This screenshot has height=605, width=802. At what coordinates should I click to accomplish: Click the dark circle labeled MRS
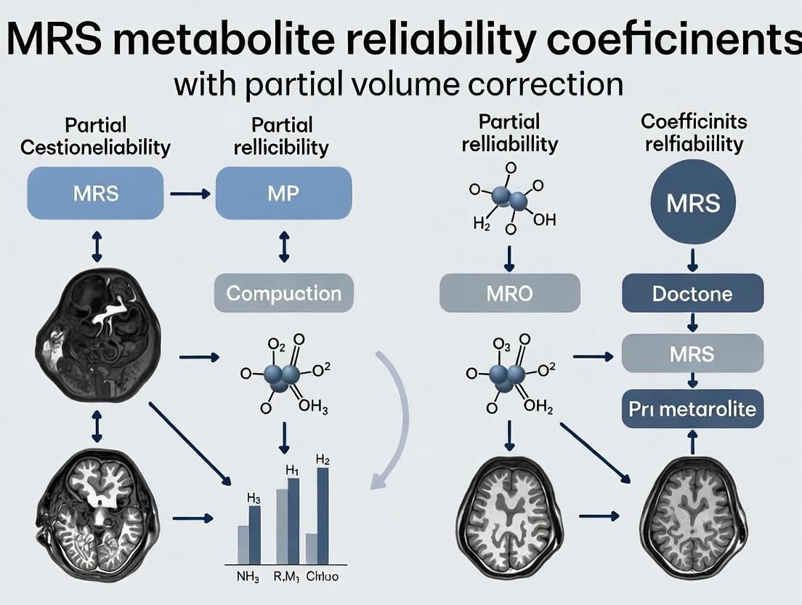tap(694, 201)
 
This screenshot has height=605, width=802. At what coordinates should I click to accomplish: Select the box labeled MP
tap(283, 193)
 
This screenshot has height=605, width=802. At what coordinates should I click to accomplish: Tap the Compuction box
tap(283, 294)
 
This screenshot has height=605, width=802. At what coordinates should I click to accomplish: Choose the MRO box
tap(510, 294)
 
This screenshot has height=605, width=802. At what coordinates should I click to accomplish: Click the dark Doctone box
tap(693, 294)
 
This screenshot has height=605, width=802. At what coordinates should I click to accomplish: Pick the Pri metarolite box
tap(693, 409)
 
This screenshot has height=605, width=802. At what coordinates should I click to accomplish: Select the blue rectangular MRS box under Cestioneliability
tap(96, 193)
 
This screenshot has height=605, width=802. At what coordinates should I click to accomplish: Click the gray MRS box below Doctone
tap(693, 353)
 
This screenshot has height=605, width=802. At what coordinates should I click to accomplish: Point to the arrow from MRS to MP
tap(190, 194)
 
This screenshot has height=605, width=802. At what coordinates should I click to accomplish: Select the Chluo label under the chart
tap(323, 578)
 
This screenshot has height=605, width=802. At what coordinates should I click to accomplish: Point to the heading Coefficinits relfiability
tap(694, 132)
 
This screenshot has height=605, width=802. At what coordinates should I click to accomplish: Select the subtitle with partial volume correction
tap(399, 84)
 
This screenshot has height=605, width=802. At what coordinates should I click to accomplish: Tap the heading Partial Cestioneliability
tap(95, 136)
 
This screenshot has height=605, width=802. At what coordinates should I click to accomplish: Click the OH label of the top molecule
tap(543, 220)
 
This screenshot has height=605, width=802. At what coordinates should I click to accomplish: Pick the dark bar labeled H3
tap(254, 534)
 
